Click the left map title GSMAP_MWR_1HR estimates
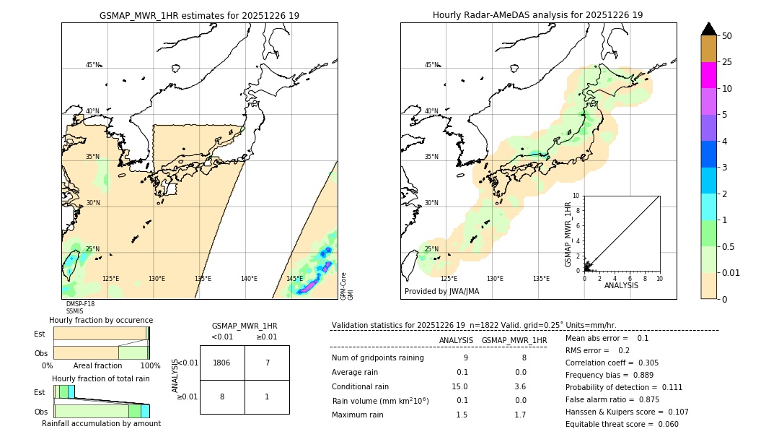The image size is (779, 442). (x=199, y=15)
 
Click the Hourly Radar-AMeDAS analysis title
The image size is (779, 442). (x=537, y=15)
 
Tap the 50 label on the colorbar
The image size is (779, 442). (x=727, y=36)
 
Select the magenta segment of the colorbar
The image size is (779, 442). (x=708, y=75)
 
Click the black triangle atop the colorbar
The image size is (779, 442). (x=708, y=29)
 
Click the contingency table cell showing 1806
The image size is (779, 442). (x=222, y=363)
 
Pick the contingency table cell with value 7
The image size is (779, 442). (x=267, y=363)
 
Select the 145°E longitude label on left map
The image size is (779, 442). (x=294, y=279)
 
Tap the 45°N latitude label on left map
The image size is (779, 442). (x=93, y=65)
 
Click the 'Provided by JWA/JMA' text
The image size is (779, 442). (x=441, y=292)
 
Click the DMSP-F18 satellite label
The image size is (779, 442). (x=80, y=304)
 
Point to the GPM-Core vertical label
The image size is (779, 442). (x=343, y=286)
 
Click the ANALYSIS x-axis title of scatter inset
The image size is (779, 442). (x=620, y=285)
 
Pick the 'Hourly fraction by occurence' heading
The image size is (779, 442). (x=100, y=320)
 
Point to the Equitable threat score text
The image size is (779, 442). (x=622, y=424)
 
